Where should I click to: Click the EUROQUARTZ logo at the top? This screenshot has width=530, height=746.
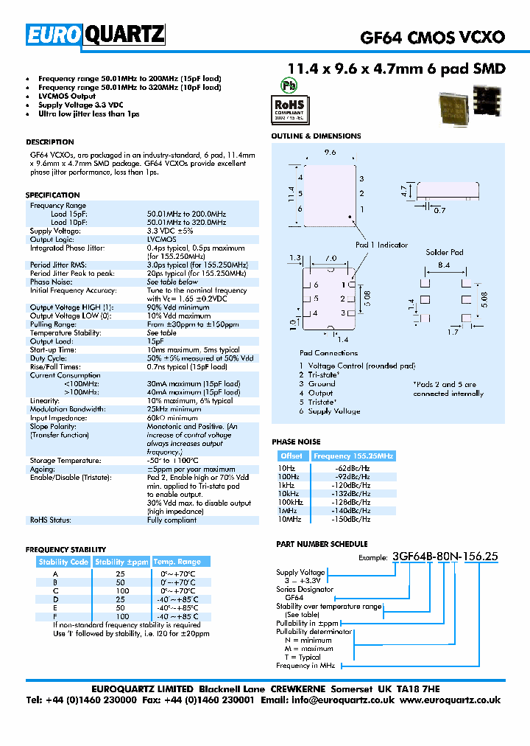point(95,35)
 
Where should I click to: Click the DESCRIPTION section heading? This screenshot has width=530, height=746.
point(50,142)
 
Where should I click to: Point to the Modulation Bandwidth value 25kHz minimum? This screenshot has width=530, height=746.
point(174,410)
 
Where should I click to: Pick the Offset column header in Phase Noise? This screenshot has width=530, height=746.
point(291,456)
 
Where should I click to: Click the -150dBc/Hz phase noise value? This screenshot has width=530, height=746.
point(354,520)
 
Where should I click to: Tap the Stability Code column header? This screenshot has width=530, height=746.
point(63,562)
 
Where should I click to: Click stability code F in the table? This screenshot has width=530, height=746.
point(54,616)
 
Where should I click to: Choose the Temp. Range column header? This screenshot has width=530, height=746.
point(177,562)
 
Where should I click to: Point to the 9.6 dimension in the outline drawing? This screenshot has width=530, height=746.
point(330,152)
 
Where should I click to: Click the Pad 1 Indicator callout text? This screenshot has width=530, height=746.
point(381,245)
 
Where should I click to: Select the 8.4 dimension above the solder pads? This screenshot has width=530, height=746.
point(444,264)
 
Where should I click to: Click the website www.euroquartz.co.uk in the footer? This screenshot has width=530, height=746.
point(451,700)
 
